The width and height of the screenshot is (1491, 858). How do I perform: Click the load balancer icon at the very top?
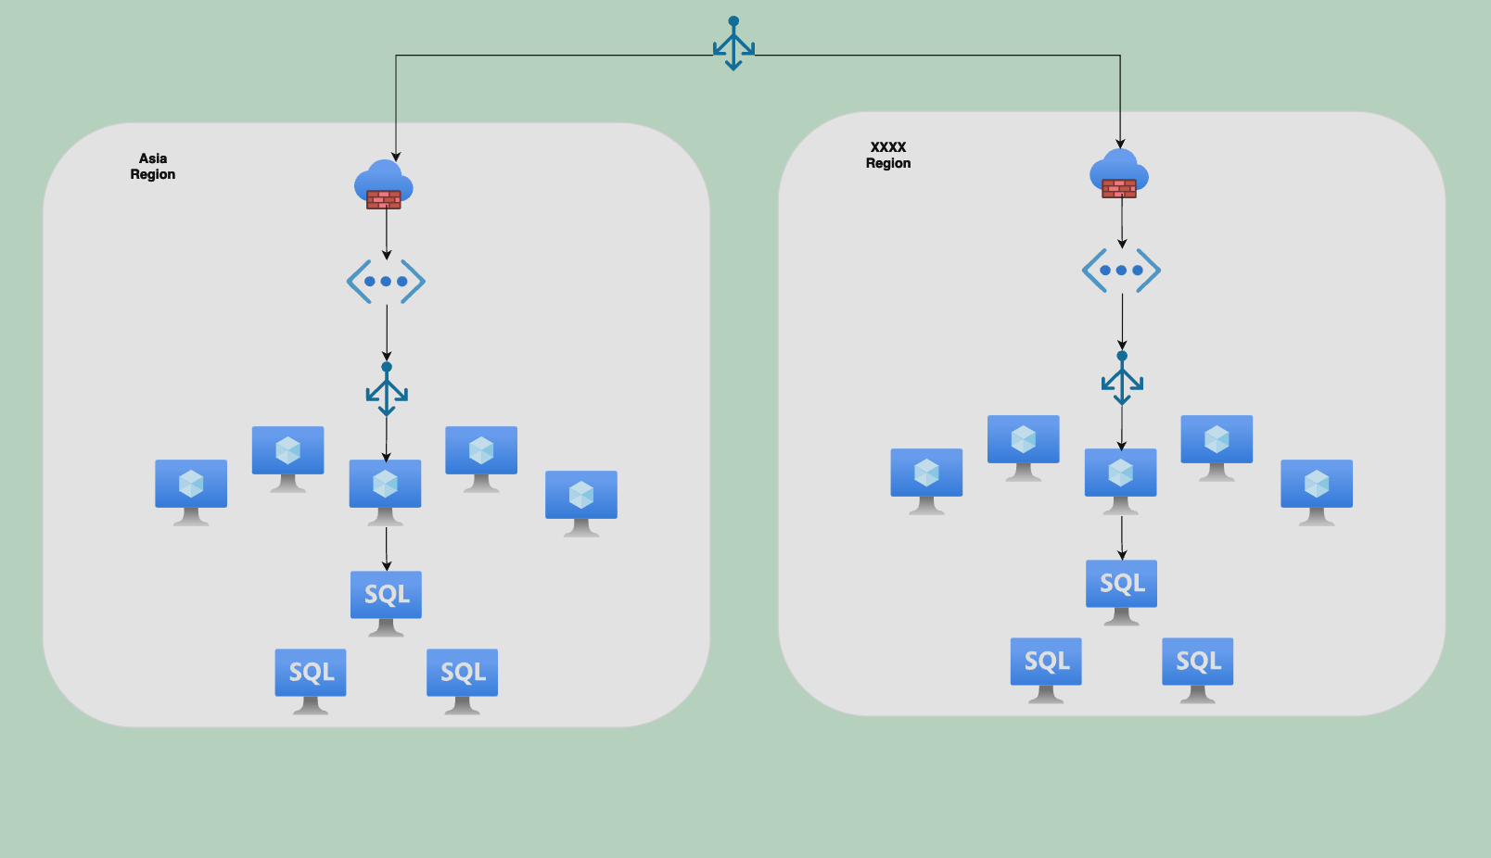coord(733,44)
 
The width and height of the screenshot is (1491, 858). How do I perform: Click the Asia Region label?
coord(153,167)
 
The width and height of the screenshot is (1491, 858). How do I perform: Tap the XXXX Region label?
coord(888,156)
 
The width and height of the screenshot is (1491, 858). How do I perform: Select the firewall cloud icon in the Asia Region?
coord(384,184)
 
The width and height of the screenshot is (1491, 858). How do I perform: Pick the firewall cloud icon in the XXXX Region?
coord(1119,173)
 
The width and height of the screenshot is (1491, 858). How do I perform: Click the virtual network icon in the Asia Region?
coord(386,281)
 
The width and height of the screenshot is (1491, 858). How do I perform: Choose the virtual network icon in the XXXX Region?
coord(1121,271)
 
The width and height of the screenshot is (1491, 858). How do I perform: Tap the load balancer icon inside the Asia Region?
coord(387,389)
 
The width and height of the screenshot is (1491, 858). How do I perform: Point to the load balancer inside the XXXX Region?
coord(1122,378)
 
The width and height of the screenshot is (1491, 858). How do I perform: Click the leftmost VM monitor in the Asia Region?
coord(191,491)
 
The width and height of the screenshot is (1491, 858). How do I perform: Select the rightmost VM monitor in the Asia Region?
coord(581,502)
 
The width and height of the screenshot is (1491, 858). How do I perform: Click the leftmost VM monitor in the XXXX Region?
coord(926,480)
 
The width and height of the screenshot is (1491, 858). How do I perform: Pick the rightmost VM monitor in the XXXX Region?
coord(1317,491)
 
